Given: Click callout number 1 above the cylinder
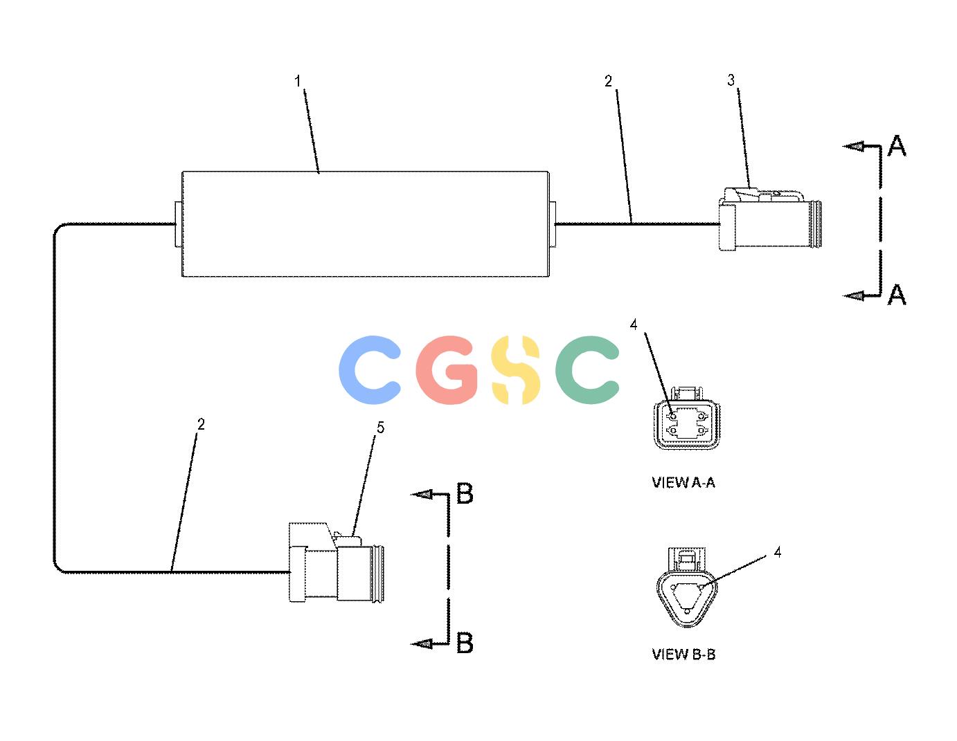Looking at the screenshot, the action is [298, 82].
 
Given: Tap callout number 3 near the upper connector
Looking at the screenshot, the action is [731, 80].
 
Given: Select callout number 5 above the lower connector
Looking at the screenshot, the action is [380, 428].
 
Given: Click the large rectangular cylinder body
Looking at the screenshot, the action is [365, 224].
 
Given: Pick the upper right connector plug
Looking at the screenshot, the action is [770, 219].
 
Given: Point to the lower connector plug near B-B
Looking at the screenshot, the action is [336, 562].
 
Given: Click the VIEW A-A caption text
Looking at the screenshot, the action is [683, 483].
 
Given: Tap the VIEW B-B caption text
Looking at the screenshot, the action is [683, 655].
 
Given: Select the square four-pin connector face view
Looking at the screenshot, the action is [687, 419].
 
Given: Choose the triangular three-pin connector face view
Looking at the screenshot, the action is [687, 588].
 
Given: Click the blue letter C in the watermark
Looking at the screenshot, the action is [370, 370].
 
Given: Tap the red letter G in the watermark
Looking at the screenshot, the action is [447, 370].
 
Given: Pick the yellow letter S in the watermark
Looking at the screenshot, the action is [516, 370].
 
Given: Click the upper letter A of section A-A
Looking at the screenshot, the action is [897, 146].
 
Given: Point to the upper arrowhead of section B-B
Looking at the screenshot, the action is [422, 495].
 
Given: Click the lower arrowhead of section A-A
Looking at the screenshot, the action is [854, 296].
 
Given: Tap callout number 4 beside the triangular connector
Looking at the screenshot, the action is [778, 552].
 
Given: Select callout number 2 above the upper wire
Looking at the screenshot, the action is [608, 82].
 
